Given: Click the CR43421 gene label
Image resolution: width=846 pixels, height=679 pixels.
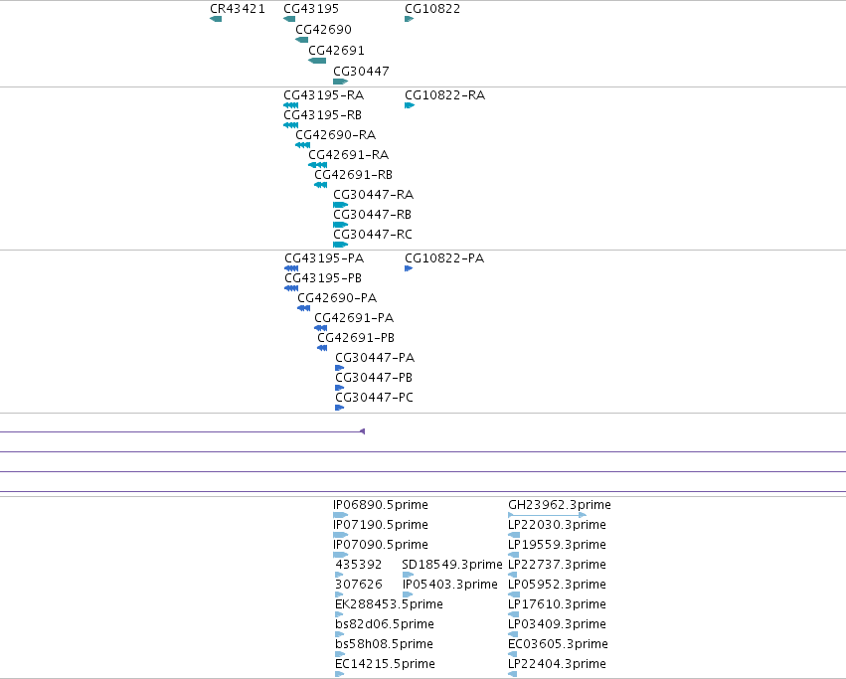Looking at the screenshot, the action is [238, 9].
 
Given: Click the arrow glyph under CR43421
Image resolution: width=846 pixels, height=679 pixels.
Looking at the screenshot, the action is [216, 19].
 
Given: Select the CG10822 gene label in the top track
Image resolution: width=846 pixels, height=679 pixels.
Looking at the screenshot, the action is [432, 9].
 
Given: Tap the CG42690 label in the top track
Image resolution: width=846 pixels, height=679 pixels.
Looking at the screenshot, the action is [323, 30].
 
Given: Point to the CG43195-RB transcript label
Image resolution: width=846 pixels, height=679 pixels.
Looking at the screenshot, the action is [323, 115].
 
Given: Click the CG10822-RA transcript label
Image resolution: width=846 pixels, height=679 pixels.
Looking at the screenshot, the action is [444, 95].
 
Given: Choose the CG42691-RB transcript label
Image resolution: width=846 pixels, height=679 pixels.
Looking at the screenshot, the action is [353, 175].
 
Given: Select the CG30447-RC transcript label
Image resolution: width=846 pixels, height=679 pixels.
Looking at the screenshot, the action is [373, 235].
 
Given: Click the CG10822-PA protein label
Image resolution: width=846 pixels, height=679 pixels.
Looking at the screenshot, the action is [444, 258].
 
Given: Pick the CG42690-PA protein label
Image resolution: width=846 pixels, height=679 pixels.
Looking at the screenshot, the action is [337, 298].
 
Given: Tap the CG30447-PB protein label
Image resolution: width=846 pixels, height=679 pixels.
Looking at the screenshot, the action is [374, 378].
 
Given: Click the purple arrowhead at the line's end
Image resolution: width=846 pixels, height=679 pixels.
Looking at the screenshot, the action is [363, 431].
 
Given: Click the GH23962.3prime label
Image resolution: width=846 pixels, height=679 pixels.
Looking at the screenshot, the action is [560, 505].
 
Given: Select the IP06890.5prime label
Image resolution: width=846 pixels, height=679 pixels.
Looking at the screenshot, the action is [381, 505].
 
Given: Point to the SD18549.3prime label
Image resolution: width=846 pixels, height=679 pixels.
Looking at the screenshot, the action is [452, 565].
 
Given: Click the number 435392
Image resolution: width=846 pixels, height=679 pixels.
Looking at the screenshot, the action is [358, 565].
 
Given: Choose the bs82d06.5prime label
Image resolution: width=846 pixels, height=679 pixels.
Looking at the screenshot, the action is [384, 624].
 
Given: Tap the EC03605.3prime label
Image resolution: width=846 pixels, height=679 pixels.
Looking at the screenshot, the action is [558, 644].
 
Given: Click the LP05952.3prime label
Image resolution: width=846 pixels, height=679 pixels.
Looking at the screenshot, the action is [557, 585].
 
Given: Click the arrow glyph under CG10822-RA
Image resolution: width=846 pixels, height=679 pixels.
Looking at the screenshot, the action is [410, 105].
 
